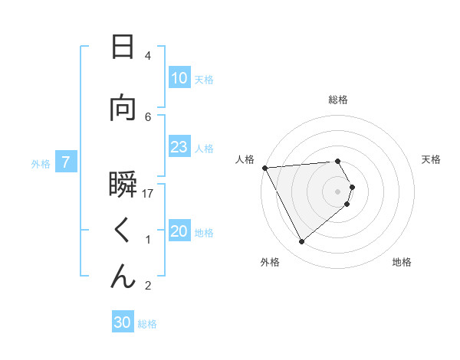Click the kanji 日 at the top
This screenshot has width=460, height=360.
tap(123, 47)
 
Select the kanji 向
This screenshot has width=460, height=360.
tap(123, 108)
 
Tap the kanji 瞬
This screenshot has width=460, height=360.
tap(123, 185)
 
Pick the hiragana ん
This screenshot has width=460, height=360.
tap(123, 277)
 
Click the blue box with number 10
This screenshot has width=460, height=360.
tap(179, 78)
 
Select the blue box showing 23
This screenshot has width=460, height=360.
tap(179, 147)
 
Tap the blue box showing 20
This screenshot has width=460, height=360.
tap(179, 231)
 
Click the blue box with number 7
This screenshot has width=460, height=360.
tap(67, 162)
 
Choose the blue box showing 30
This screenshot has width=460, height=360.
tap(123, 322)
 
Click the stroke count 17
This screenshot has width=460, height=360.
tap(148, 194)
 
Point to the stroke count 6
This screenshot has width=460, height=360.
tap(148, 116)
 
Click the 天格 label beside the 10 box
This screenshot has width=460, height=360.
tap(204, 79)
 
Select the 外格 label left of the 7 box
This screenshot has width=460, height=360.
tap(41, 163)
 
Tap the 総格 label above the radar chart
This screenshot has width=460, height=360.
tap(338, 100)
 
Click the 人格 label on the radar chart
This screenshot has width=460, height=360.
tap(245, 160)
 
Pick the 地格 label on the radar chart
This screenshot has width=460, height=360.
tap(402, 262)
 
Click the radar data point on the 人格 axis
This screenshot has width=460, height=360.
tap(264, 167)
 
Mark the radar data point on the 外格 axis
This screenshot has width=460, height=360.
tap(301, 242)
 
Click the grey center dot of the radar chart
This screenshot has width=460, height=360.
tap(338, 191)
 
